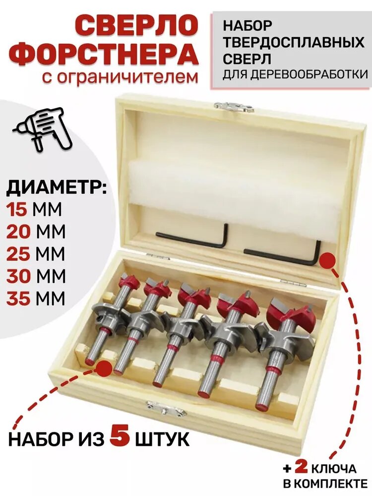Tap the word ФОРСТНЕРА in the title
[x=104, y=54]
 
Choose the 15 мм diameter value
[x=34, y=210]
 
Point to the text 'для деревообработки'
[x=295, y=74]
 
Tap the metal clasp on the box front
[x=166, y=409]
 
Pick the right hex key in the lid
[x=285, y=252]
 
